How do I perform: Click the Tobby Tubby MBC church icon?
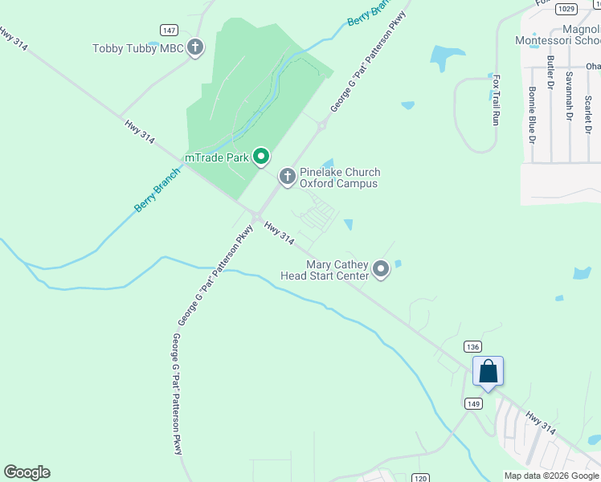pyautogui.click(x=195, y=48)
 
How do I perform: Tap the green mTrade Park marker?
pyautogui.click(x=261, y=157)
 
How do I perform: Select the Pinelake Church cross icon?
pyautogui.click(x=288, y=177)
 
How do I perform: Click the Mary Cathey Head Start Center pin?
pyautogui.click(x=381, y=270)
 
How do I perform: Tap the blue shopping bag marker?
pyautogui.click(x=488, y=372)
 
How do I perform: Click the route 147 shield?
pyautogui.click(x=169, y=30)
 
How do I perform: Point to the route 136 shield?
pyautogui.click(x=472, y=345)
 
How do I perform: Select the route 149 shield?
pyautogui.click(x=472, y=404)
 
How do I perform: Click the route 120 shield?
pyautogui.click(x=419, y=478)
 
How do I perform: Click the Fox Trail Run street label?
pyautogui.click(x=497, y=100)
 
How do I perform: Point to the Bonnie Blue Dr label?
pyautogui.click(x=532, y=115)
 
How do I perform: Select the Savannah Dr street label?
pyautogui.click(x=569, y=95)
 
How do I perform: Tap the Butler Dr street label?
pyautogui.click(x=550, y=73)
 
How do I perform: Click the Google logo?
pyautogui.click(x=27, y=472)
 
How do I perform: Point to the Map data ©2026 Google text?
pyautogui.click(x=550, y=476)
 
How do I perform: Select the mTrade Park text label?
pyautogui.click(x=218, y=157)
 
